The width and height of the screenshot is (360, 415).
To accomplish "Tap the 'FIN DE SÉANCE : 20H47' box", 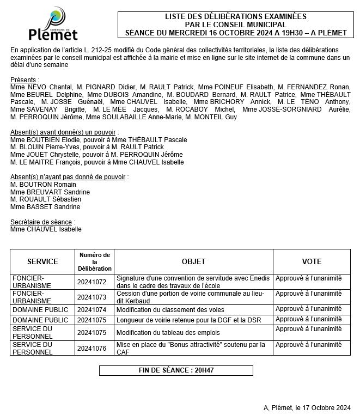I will point(176,370).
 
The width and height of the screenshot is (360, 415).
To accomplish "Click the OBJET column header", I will point(193,261).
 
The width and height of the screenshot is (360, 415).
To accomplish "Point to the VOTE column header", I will point(312,261).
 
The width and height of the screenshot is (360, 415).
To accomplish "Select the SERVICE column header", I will point(42,261).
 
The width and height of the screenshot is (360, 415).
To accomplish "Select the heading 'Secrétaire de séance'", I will point(41,222).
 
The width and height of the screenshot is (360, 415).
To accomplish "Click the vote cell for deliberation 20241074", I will point(309,309).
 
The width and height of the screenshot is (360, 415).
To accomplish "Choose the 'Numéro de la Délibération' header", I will point(94,261).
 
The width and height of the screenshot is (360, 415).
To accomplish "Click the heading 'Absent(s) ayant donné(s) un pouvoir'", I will point(64,132).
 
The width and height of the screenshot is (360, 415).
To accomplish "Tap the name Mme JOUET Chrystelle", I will point(41,155).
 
